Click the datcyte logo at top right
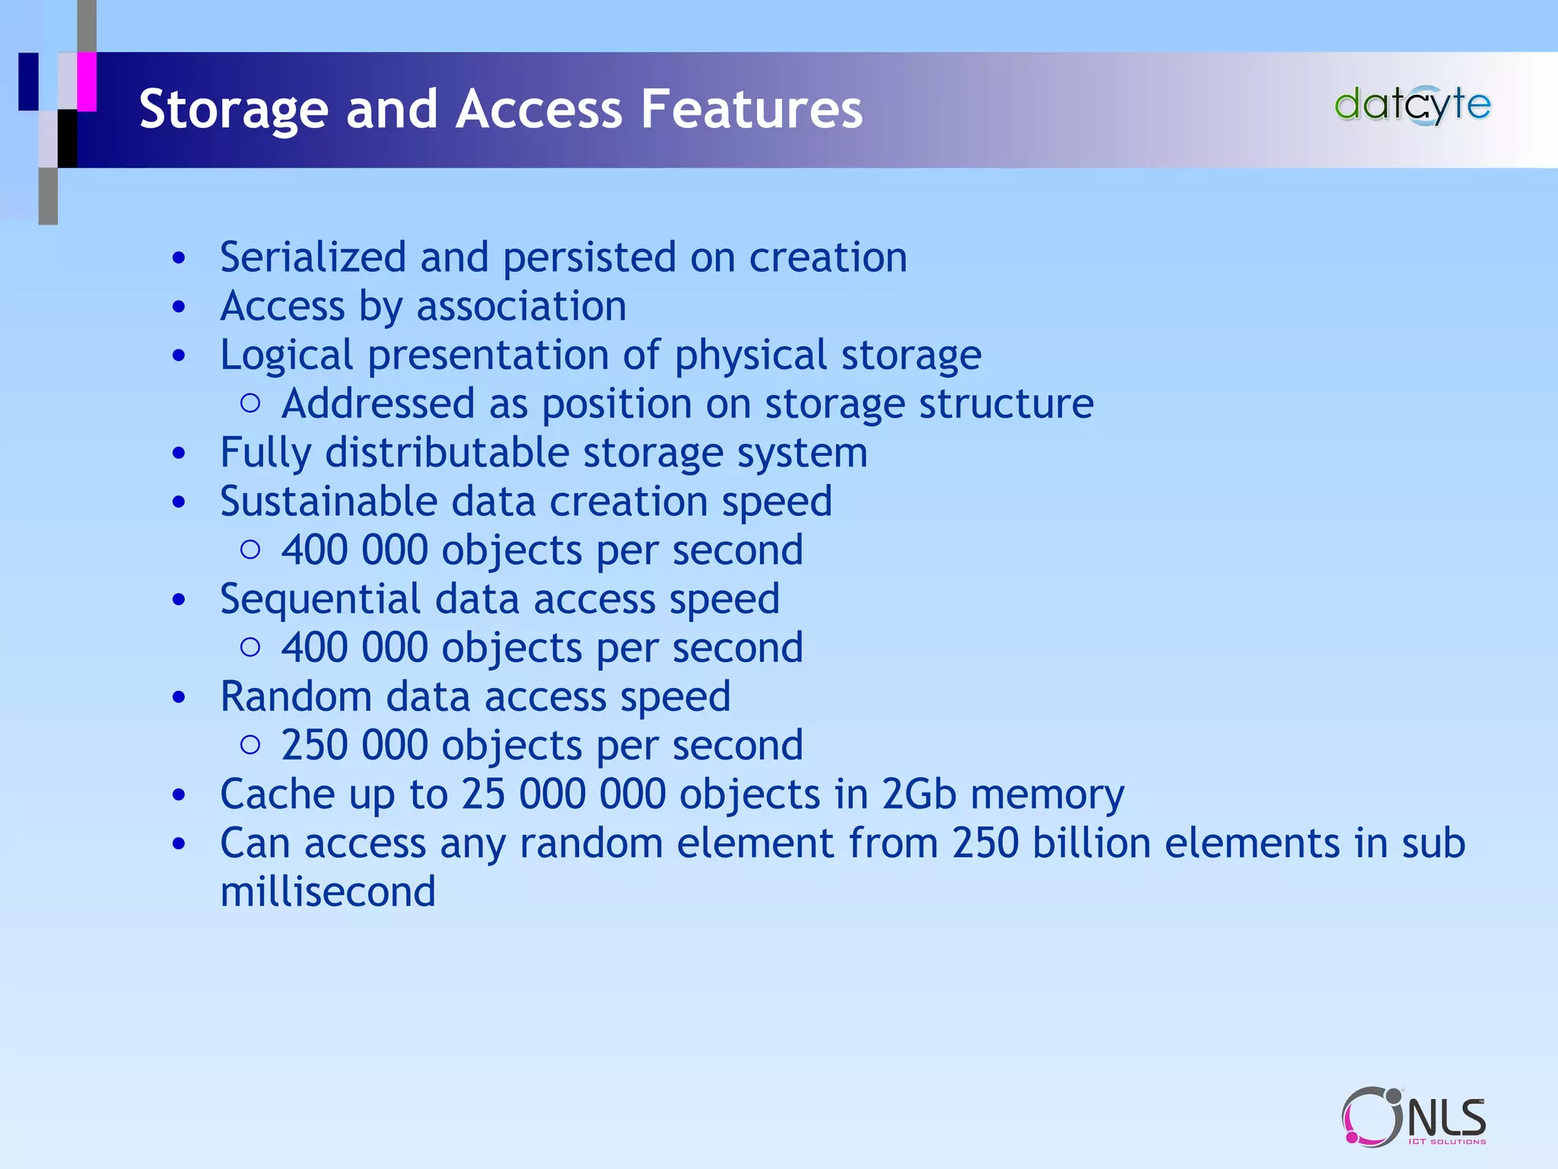coord(1412,105)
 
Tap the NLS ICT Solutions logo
coord(1413,1116)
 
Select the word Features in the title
coord(751,109)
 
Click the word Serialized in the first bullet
coord(313,257)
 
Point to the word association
coord(521,307)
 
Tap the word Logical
coord(287,356)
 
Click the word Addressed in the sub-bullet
coord(377,403)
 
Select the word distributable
coord(447,453)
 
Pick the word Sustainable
coord(329,502)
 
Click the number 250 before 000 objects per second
coord(314,745)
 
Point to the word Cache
coord(277,795)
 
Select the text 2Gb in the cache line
coord(918,795)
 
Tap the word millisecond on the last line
coord(328,892)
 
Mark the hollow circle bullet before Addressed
coord(250,403)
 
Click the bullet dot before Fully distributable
coord(179,454)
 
